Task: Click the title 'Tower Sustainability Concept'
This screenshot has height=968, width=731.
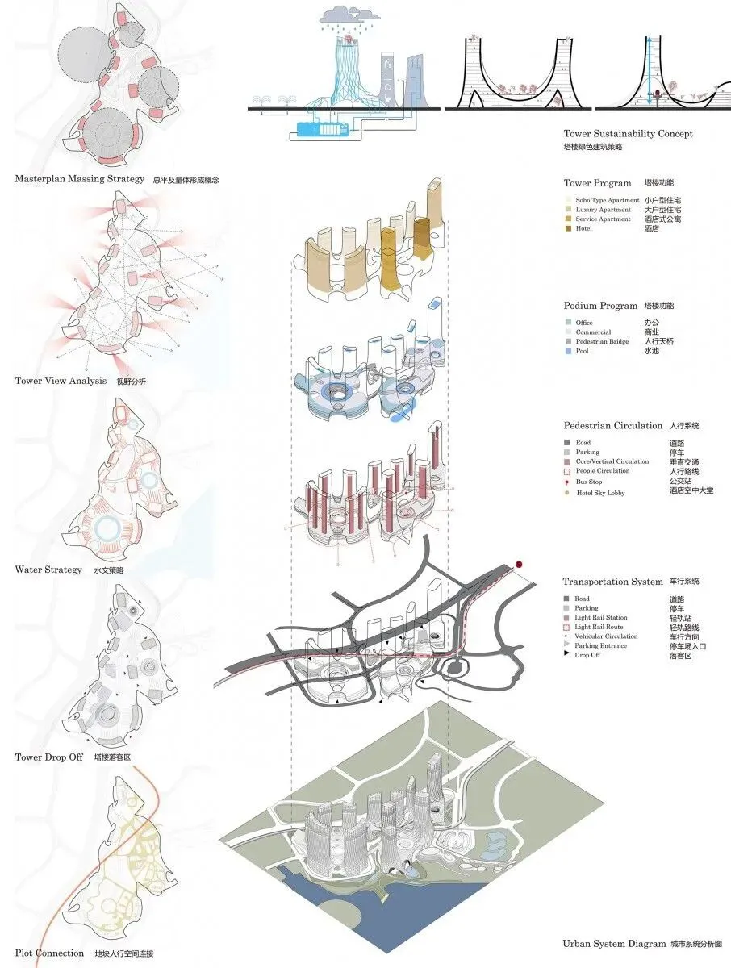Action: tap(628, 134)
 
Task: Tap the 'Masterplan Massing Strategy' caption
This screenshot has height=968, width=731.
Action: tap(79, 179)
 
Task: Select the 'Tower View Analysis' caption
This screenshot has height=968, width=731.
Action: tap(60, 381)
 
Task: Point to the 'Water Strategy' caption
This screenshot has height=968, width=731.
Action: tap(48, 570)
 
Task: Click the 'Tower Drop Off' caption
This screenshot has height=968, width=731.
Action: tap(50, 757)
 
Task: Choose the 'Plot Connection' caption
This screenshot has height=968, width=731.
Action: tap(48, 953)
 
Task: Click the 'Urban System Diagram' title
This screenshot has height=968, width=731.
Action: tap(612, 944)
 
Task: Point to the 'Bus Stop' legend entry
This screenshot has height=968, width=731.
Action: tap(589, 482)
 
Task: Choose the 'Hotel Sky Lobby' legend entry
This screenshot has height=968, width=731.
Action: tap(600, 493)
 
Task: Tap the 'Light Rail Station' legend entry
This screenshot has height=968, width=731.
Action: tap(601, 618)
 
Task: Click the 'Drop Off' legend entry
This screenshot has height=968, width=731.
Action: tap(589, 655)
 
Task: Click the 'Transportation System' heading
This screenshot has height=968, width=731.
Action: tap(612, 582)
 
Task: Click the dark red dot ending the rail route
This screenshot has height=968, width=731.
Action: tap(520, 565)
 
